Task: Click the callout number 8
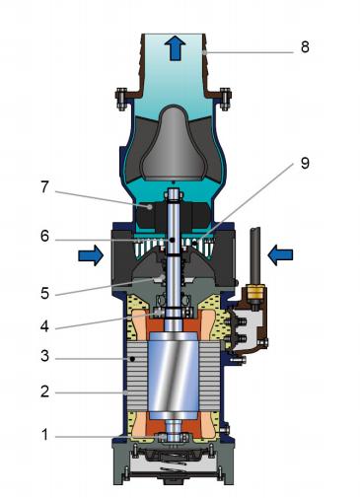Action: pyautogui.click(x=305, y=47)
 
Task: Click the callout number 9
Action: pyautogui.click(x=305, y=163)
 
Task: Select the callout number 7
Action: pyautogui.click(x=44, y=187)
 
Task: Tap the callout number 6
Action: pyautogui.click(x=44, y=236)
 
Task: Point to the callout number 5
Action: pyautogui.click(x=44, y=293)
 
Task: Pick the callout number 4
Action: pyautogui.click(x=44, y=326)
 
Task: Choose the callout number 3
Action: pyautogui.click(x=44, y=356)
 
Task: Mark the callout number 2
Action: pyautogui.click(x=44, y=391)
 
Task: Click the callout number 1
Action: pyautogui.click(x=44, y=435)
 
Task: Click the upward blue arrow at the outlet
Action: pyautogui.click(x=177, y=48)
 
